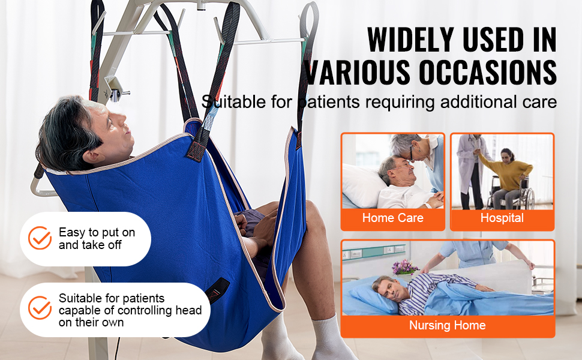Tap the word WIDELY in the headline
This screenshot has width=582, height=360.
point(411,40)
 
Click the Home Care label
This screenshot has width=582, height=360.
point(393,218)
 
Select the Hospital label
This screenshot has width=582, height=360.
point(502,218)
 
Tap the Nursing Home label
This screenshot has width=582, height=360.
point(447,325)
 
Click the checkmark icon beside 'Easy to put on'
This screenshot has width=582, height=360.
point(40,238)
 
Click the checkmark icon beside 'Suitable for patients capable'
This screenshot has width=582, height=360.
point(40,308)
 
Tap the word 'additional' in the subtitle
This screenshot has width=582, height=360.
point(475,102)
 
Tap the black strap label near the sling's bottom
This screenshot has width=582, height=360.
point(217,289)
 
